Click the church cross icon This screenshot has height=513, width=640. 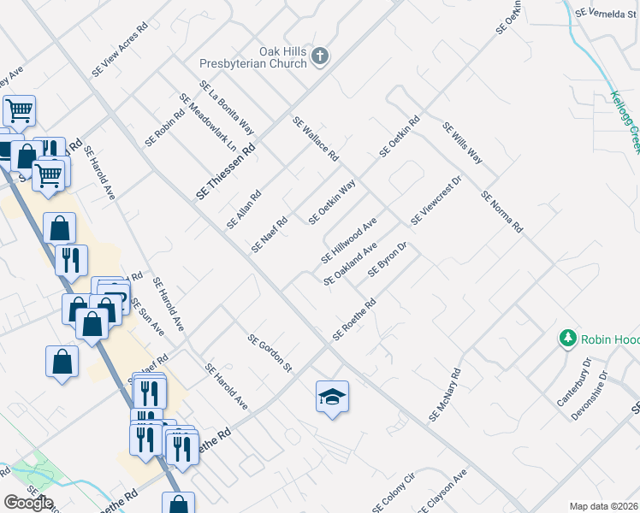pyautogui.click(x=320, y=57)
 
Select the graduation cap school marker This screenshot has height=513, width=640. pyautogui.click(x=332, y=398)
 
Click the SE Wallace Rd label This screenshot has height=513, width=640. pyautogui.click(x=316, y=139)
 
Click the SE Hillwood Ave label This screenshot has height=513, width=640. pyautogui.click(x=349, y=240)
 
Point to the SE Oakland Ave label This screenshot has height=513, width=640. pyautogui.click(x=351, y=264)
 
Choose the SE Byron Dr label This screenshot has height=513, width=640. pyautogui.click(x=387, y=260)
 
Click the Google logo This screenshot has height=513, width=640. pyautogui.click(x=27, y=503)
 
